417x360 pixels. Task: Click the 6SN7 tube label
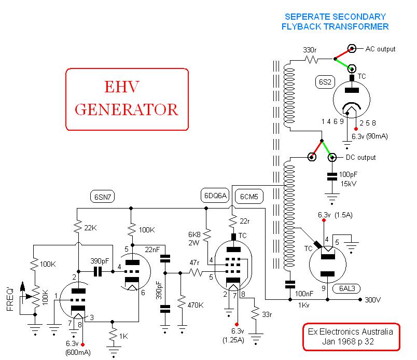[103, 197]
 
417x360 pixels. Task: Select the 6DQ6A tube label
[215, 196]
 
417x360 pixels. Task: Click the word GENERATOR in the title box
[127, 109]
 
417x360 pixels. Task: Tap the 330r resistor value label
[310, 50]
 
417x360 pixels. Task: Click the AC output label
[380, 49]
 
